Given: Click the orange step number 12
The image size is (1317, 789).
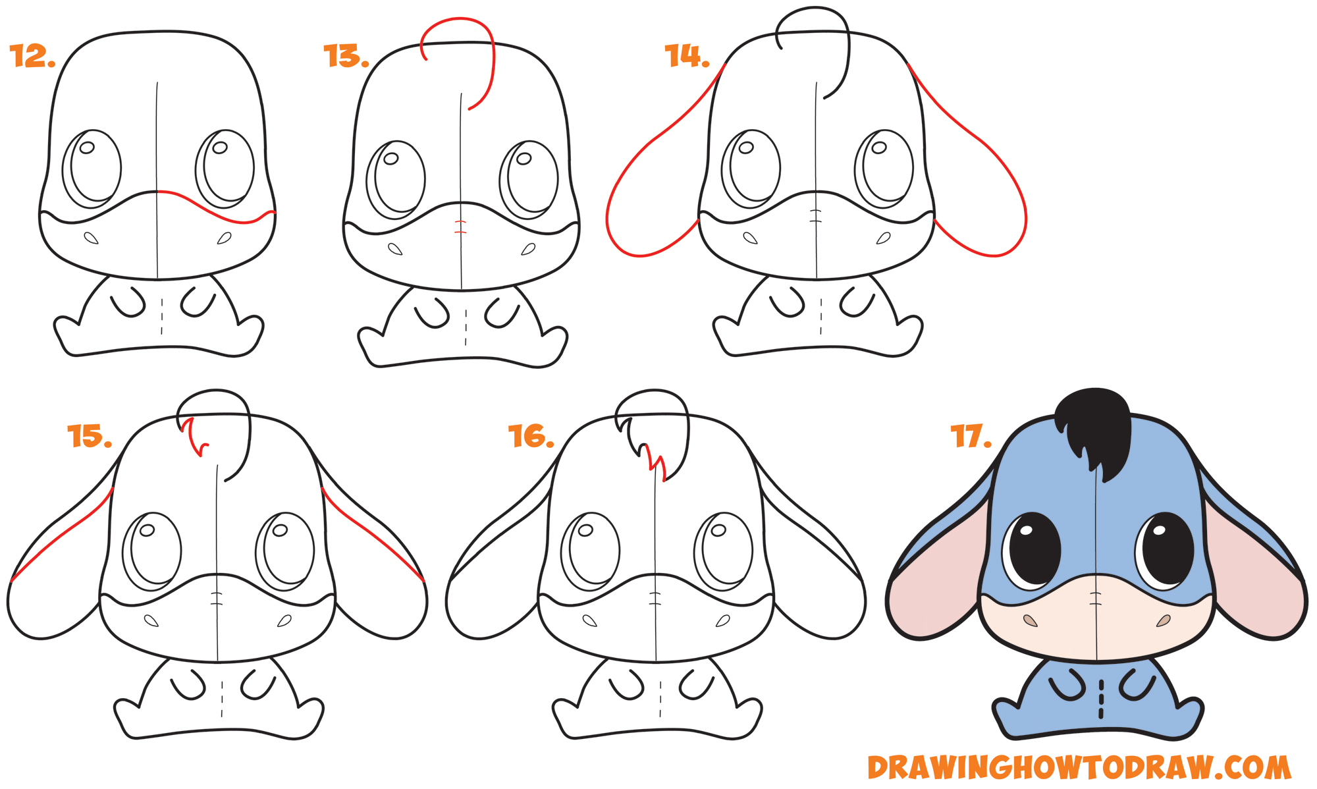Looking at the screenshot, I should pos(32,57).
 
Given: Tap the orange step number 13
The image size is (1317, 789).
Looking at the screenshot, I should pos(346,57).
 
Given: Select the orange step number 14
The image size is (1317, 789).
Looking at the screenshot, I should pos(687,56).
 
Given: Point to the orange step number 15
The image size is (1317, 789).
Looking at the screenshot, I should pos(90,436).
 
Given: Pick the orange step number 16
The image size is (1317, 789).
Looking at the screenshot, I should pos(531,436).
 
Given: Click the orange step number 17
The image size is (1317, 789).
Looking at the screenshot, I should pos(971,436).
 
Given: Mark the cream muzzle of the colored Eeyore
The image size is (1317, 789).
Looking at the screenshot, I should pos(1096,626).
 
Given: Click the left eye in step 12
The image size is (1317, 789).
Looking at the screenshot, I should pos(92,168).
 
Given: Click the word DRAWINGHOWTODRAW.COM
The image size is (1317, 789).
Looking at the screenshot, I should pos(1080,768).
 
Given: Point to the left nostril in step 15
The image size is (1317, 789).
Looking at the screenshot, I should pos(151,620).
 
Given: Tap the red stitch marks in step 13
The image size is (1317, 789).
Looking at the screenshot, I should pos(460,228).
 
